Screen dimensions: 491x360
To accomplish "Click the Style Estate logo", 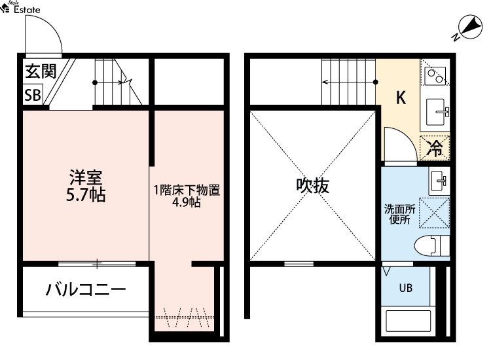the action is [21, 7].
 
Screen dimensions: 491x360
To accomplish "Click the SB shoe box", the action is [33, 94].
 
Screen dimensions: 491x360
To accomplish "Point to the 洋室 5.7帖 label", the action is [86, 186].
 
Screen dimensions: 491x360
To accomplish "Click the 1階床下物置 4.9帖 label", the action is [187, 196].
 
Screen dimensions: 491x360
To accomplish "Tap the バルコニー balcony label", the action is [86, 289].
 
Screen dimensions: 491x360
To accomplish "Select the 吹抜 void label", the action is [312, 186].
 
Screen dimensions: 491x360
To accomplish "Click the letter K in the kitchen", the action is [401, 98].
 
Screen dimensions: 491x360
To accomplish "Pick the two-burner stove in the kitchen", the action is [435, 76].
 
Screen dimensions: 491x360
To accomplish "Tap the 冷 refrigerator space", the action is [435, 148].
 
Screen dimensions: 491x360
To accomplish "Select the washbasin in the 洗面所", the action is [439, 181].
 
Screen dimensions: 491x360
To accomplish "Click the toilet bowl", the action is [431, 245].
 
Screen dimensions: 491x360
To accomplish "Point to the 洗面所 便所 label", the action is [399, 215].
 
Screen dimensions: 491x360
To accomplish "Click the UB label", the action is [406, 288].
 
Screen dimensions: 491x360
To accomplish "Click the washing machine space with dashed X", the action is [435, 212].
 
